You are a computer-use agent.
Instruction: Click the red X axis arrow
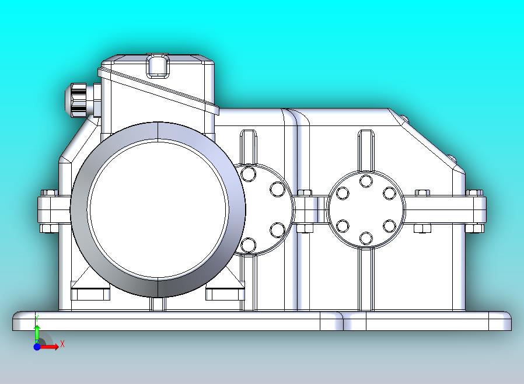(49, 347)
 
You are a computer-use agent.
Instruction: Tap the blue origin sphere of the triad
(37, 347)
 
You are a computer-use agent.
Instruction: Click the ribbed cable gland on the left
(78, 100)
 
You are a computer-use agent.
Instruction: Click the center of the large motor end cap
(158, 210)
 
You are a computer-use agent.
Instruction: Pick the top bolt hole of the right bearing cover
(366, 181)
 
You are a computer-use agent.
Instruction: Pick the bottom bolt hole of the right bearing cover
(366, 238)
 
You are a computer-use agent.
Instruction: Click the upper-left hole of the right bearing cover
(343, 194)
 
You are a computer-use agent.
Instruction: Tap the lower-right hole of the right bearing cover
(389, 226)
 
